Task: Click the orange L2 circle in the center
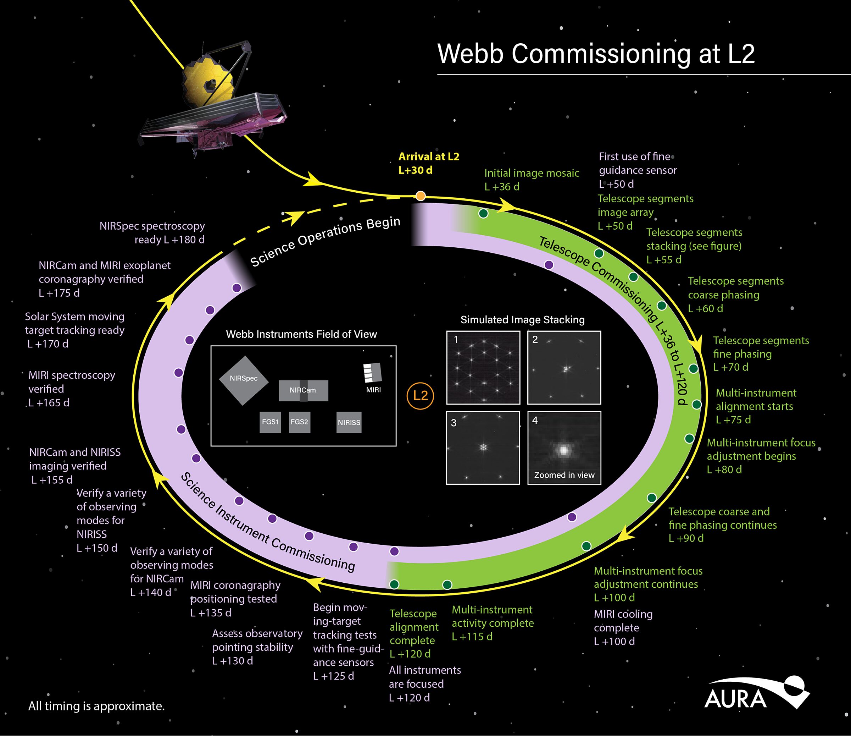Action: (x=420, y=396)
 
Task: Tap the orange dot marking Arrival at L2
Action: (x=420, y=196)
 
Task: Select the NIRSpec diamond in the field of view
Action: (x=244, y=380)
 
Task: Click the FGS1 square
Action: (x=270, y=422)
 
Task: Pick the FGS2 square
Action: (x=299, y=422)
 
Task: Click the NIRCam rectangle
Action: (x=303, y=390)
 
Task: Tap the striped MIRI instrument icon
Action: (x=373, y=373)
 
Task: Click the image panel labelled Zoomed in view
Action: (x=564, y=448)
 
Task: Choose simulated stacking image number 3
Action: (x=483, y=448)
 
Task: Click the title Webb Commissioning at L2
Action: (x=596, y=54)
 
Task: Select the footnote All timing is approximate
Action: (x=96, y=706)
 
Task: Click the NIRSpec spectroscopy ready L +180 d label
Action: (x=152, y=232)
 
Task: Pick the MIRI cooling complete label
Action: (x=623, y=627)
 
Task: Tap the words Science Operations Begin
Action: (x=325, y=242)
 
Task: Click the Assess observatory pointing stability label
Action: (x=257, y=647)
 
